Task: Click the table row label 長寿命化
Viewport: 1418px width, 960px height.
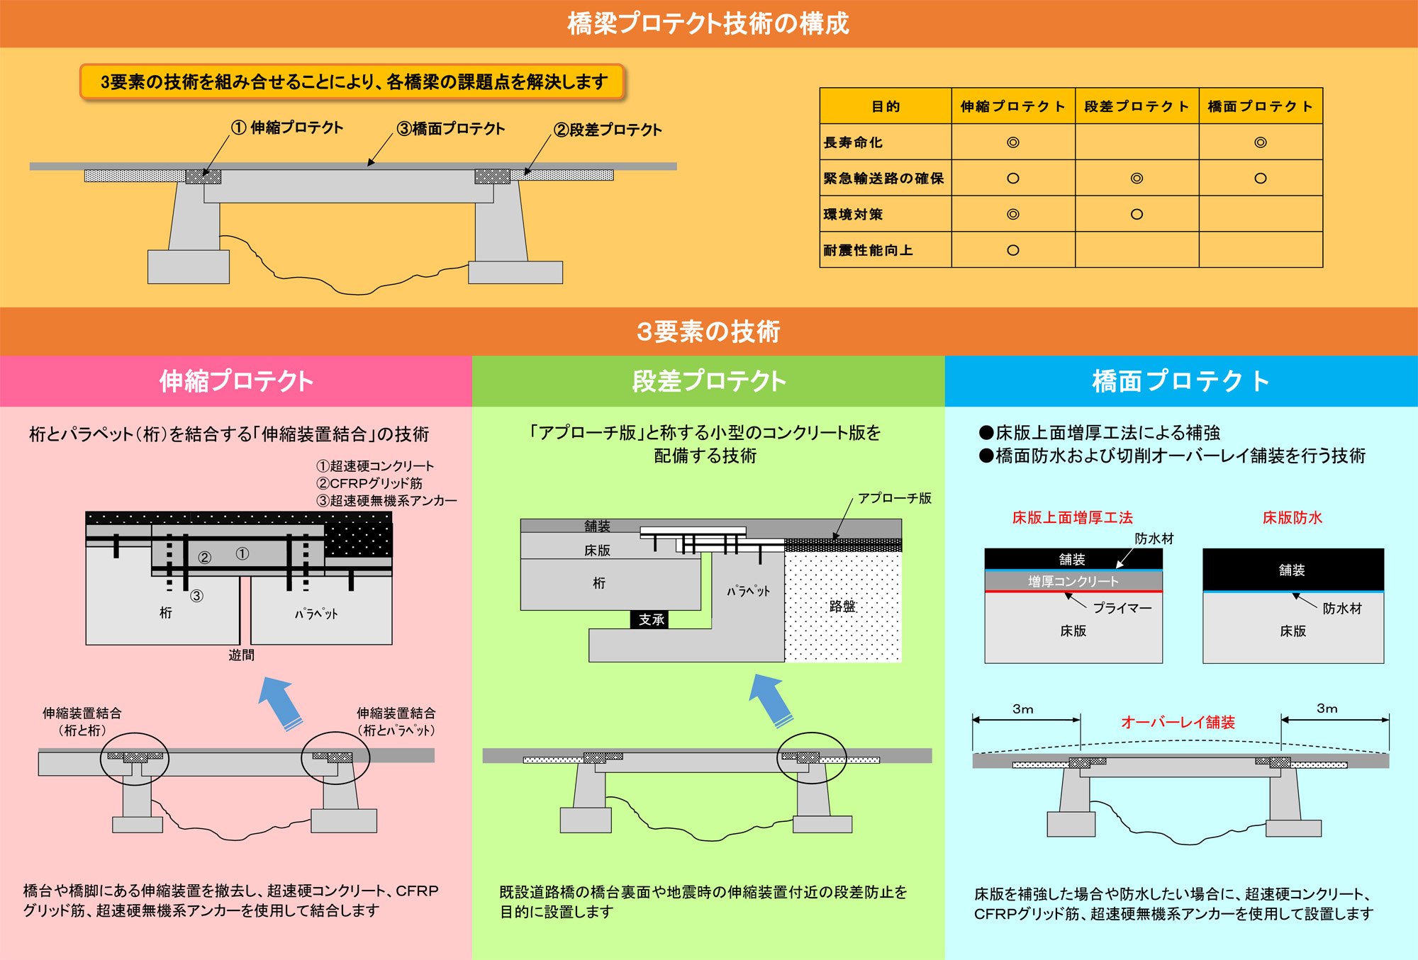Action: pyautogui.click(x=853, y=142)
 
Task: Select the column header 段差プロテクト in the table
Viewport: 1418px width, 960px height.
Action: pyautogui.click(x=1137, y=106)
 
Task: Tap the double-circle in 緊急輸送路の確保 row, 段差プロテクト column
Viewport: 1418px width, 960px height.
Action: pyautogui.click(x=1137, y=179)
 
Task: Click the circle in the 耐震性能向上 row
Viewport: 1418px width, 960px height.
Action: pyautogui.click(x=1012, y=250)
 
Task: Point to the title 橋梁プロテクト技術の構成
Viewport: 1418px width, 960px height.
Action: pyautogui.click(x=708, y=24)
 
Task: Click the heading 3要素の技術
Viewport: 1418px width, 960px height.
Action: pyautogui.click(x=708, y=332)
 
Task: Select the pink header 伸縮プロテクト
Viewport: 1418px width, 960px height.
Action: pyautogui.click(x=236, y=381)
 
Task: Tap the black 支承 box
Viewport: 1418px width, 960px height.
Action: pyautogui.click(x=650, y=620)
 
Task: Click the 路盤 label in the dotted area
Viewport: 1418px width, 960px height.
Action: pyautogui.click(x=842, y=606)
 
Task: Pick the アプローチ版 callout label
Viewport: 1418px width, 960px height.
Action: pyautogui.click(x=894, y=498)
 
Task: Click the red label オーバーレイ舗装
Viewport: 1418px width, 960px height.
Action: pyautogui.click(x=1178, y=722)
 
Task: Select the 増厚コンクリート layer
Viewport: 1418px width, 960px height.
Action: pyautogui.click(x=1073, y=581)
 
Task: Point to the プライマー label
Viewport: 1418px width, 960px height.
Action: pyautogui.click(x=1122, y=608)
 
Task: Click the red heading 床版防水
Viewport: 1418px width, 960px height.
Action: pyautogui.click(x=1292, y=518)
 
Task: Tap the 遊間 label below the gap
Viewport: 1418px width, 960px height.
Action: pyautogui.click(x=241, y=655)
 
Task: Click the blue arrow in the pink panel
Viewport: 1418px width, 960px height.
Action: pyautogui.click(x=281, y=701)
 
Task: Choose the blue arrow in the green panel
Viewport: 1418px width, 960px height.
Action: pyautogui.click(x=771, y=699)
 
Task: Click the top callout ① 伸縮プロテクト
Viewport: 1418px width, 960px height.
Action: pyautogui.click(x=288, y=128)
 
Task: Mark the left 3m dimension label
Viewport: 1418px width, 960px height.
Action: pyautogui.click(x=1022, y=708)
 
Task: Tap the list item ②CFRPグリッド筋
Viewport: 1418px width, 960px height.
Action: pyautogui.click(x=369, y=483)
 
